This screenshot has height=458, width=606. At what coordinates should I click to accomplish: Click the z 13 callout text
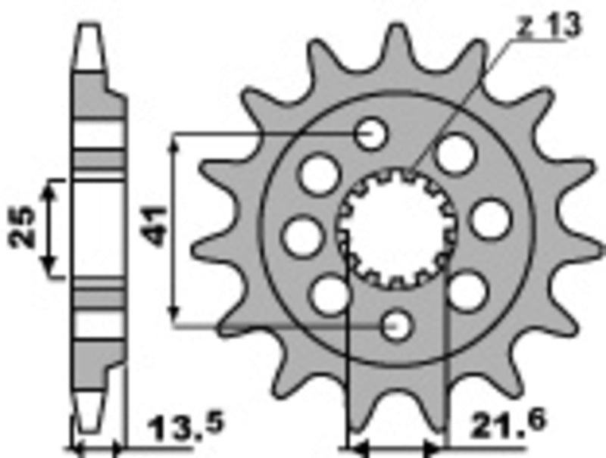(x=548, y=26)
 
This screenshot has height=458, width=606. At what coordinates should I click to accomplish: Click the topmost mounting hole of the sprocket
(x=370, y=134)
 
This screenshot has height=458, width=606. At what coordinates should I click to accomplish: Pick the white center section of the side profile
(x=99, y=227)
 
